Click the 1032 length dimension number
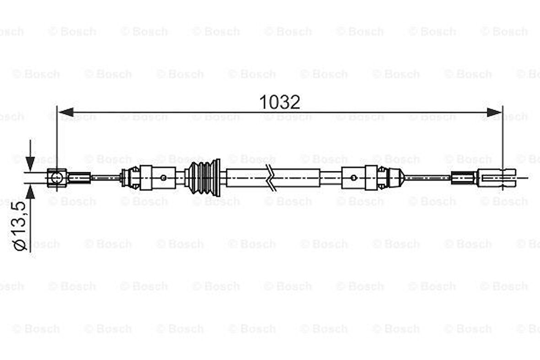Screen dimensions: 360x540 coord(280,102)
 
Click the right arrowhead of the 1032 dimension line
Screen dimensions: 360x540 coord(494,112)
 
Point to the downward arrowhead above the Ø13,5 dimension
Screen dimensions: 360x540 coord(30,163)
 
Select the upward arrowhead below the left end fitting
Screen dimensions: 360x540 coord(30,191)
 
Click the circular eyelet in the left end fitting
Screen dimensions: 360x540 coord(56,177)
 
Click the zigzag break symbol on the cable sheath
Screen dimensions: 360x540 coord(271,178)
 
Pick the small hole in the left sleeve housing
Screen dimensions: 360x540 coord(163,177)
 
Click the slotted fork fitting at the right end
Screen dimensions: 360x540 coord(497,177)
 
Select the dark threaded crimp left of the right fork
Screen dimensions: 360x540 coord(464,177)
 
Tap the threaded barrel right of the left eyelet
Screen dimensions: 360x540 coord(79,177)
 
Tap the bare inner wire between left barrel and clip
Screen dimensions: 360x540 coord(105,177)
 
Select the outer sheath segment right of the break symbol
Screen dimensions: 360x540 coord(297,178)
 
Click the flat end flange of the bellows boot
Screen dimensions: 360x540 coord(217,177)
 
